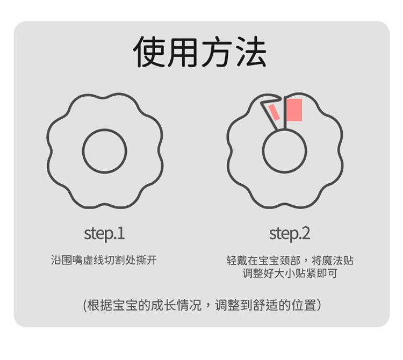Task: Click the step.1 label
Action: point(104,234)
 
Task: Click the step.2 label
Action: point(290,234)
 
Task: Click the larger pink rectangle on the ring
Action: point(293,110)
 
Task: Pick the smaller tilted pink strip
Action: point(274,112)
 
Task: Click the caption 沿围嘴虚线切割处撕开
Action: point(104,261)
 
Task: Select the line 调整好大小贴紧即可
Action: point(290,273)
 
